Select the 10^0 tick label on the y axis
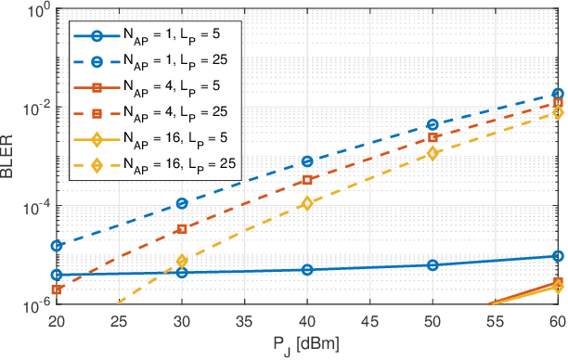[x=33, y=11]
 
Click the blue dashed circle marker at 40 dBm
[x=307, y=161]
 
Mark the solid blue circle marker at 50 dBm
[x=432, y=265]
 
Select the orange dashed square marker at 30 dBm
[x=182, y=229]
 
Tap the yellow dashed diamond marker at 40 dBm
[x=307, y=203]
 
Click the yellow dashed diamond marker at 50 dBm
[x=432, y=153]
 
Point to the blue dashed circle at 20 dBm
[x=57, y=246]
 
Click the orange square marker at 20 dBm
[x=57, y=289]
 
